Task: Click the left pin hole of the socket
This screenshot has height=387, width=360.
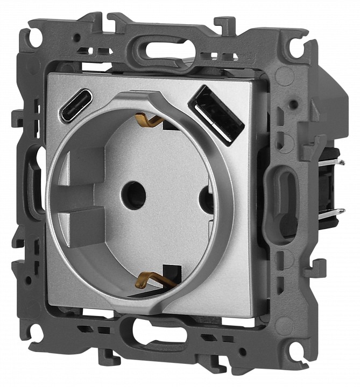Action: click(133, 195)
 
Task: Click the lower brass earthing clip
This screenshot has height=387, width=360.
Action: click(151, 279)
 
